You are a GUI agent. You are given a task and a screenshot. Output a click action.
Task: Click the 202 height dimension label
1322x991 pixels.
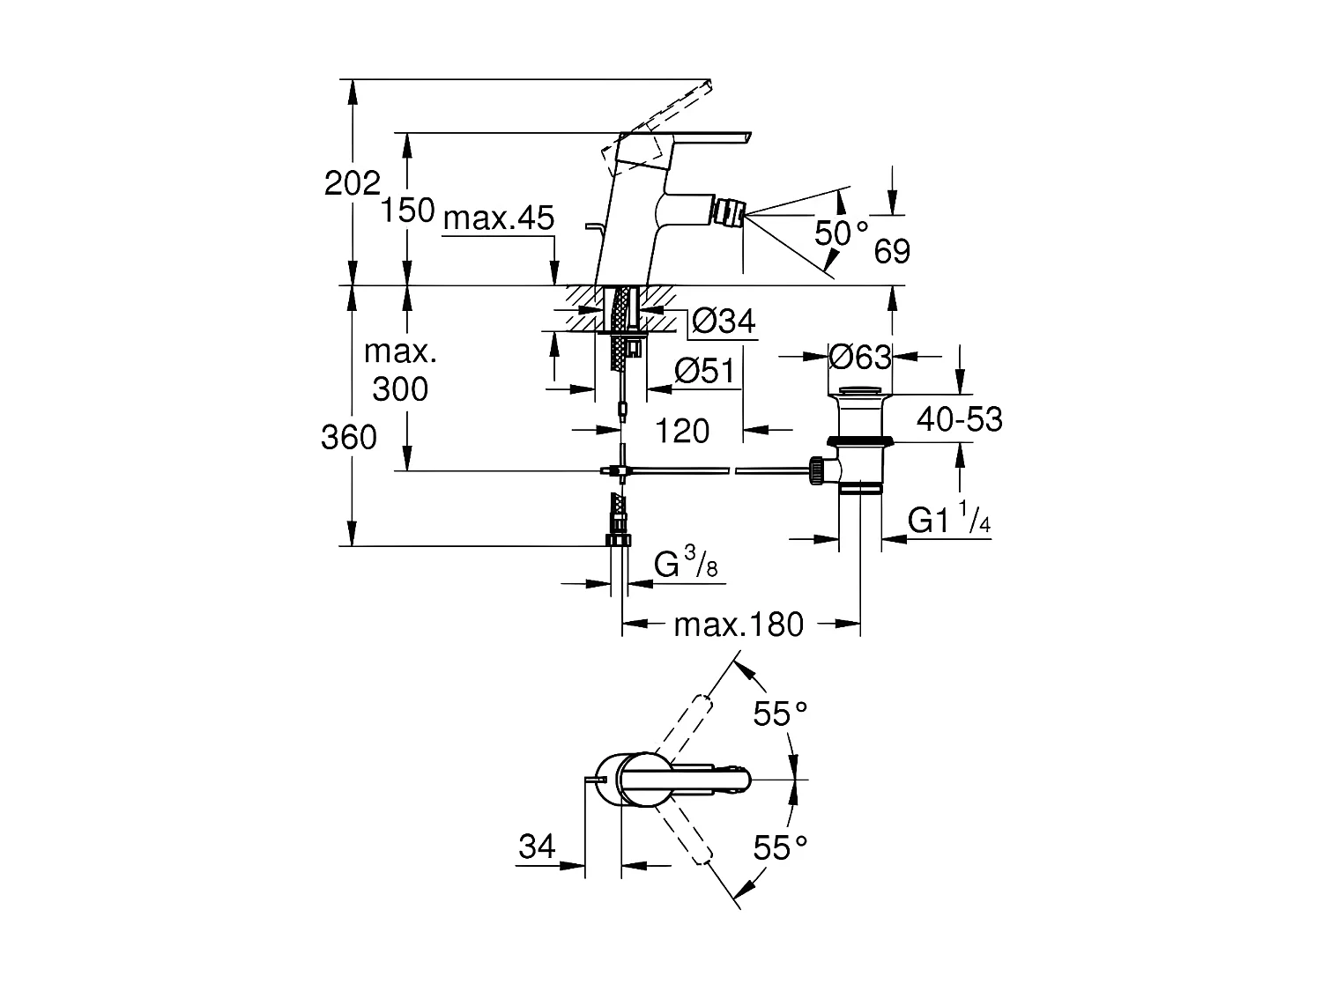352,183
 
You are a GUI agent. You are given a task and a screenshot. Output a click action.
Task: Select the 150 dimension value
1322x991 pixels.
408,211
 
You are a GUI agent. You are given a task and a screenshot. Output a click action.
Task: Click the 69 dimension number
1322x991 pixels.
891,252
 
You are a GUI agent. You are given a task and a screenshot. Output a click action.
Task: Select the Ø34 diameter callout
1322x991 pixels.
724,322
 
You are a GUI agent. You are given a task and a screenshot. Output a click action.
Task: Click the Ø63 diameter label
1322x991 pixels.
860,357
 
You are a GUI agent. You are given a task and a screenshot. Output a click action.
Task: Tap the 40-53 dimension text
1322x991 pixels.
959,419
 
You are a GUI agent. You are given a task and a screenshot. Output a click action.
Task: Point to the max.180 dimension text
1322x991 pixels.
739,625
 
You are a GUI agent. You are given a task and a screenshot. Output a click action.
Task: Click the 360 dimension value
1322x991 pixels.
349,437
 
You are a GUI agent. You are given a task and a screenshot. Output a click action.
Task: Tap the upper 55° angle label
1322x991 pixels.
780,714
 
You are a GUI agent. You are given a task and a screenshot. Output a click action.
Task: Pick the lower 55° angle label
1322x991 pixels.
780,847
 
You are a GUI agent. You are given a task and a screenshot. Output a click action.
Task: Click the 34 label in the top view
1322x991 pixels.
537,847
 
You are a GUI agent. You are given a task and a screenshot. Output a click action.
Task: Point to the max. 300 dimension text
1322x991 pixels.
400,370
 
